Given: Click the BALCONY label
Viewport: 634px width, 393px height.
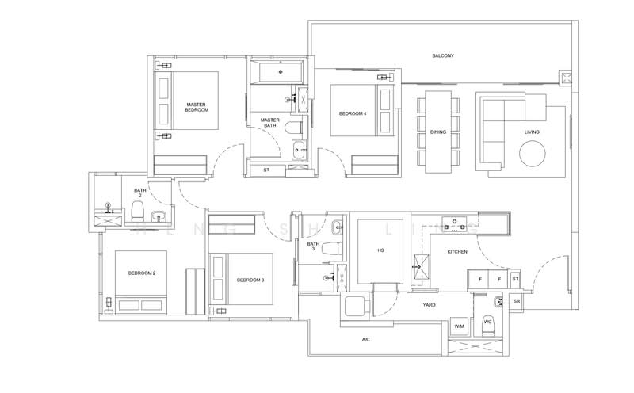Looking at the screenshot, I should (x=443, y=55).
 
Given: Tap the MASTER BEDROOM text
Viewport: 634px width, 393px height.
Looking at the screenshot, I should (x=197, y=107).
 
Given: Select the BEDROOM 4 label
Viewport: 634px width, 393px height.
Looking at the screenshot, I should (x=353, y=114).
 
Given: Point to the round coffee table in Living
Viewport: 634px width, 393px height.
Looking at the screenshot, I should (x=533, y=153).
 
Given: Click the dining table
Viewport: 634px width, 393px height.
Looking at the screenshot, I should (x=438, y=130).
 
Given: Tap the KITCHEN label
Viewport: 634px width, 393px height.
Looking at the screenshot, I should (x=457, y=251).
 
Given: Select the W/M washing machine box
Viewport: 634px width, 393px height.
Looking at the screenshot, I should (x=459, y=326).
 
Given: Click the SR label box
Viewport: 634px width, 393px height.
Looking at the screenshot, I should (x=516, y=302).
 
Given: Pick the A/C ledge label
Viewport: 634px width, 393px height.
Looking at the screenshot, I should (x=365, y=339).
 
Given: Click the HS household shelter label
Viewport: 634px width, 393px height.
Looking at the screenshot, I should (x=380, y=250).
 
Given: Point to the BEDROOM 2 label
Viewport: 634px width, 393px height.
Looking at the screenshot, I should (x=141, y=273).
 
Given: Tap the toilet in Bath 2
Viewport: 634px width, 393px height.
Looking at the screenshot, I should (x=136, y=211).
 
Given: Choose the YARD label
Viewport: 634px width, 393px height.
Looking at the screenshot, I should (x=429, y=304).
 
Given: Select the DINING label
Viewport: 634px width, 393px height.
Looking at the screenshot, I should (x=438, y=132).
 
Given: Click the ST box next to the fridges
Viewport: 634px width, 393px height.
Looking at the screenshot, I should (x=515, y=279).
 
